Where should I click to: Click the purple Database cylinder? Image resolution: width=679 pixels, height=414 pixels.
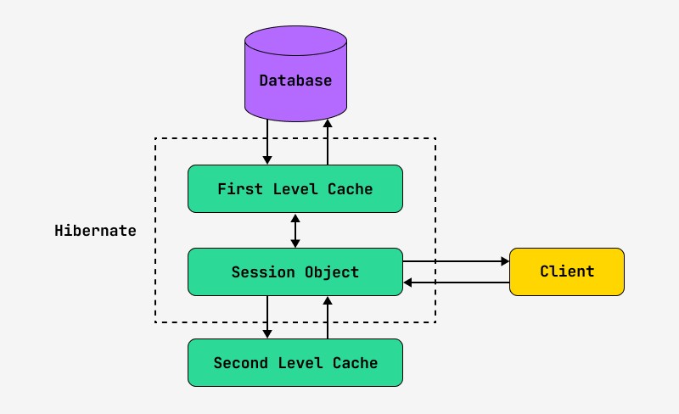(295, 81)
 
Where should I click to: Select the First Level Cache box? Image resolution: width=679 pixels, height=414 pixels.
(295, 188)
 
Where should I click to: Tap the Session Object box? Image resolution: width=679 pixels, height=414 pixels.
(295, 272)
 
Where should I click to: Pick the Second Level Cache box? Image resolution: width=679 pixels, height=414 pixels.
(295, 363)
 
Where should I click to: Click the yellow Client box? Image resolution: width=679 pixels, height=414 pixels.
(566, 271)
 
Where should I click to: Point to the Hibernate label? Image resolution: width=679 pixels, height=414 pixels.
(95, 231)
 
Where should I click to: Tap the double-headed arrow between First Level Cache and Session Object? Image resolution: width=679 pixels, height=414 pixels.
(295, 230)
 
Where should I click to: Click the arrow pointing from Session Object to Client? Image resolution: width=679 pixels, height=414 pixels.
(456, 261)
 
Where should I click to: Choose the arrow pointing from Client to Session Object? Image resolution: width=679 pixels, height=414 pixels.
(456, 283)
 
